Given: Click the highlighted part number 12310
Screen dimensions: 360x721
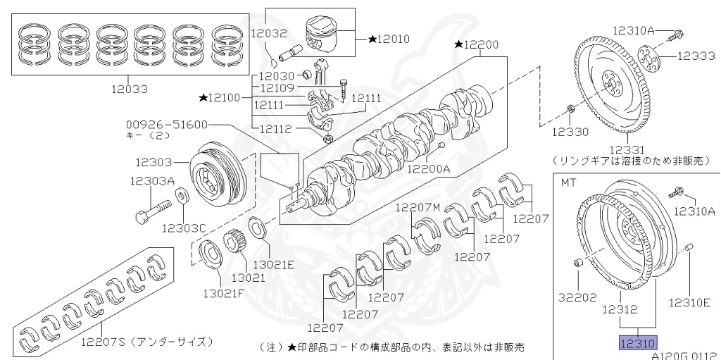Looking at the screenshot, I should [637, 343].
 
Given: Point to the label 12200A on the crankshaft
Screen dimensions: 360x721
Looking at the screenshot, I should [430, 169].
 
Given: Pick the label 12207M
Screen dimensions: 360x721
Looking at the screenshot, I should [417, 206].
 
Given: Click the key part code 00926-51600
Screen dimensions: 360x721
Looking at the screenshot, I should [167, 124].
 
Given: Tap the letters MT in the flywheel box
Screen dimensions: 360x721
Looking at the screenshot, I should [568, 182].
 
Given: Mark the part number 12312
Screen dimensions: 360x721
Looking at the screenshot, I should [620, 309].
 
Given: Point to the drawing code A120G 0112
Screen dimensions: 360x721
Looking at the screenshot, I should [682, 356].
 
